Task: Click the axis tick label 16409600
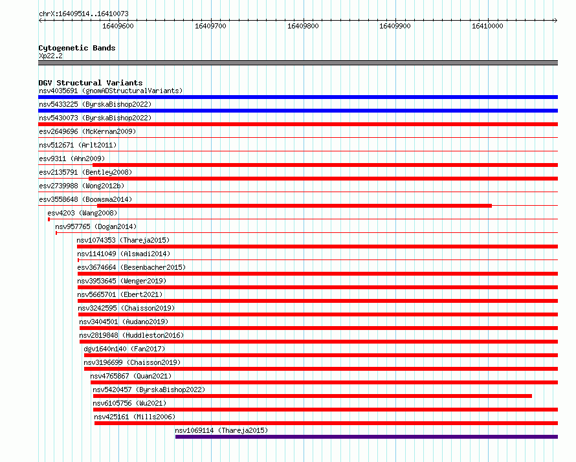pos(118,26)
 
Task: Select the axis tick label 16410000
pos(487,26)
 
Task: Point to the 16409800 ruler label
pos(303,26)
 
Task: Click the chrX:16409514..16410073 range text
pos(83,14)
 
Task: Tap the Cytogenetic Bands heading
pos(77,48)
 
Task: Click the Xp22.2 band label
pos(50,56)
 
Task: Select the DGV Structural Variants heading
pos(91,83)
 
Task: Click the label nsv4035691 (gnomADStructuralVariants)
pos(111,91)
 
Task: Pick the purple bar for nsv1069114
pos(366,437)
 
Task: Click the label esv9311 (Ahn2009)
pos(72,159)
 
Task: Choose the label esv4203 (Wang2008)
pos(82,213)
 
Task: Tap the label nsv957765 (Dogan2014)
pos(96,226)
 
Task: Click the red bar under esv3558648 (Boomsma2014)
pos(294,206)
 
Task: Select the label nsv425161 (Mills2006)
pos(135,417)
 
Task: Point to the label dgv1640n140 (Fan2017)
pos(124,349)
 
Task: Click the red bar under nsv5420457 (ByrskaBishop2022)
pos(312,396)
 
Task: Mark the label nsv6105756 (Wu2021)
pos(129,403)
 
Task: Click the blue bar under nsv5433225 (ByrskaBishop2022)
pos(298,111)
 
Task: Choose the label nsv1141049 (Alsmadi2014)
pos(124,254)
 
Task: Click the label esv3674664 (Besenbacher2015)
pos(131,267)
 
